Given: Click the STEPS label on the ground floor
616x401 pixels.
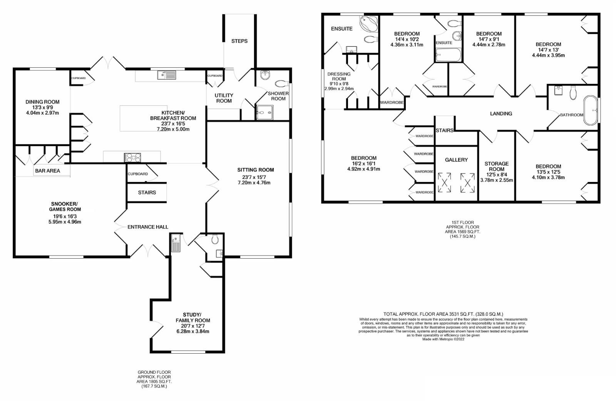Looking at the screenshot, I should [239, 41].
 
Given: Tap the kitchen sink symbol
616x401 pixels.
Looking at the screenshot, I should [167, 75].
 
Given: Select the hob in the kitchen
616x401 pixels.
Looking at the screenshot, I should [132, 157].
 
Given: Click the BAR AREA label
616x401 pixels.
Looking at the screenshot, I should [47, 170].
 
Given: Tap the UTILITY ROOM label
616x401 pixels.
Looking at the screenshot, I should [224, 98].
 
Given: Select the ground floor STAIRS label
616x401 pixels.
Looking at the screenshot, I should [147, 192].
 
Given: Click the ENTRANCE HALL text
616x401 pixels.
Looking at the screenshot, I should [148, 227].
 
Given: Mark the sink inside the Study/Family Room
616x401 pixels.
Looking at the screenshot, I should [176, 243].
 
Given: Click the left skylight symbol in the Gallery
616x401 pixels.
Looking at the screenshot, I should [445, 182].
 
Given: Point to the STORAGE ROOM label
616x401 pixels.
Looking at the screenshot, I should [497, 166].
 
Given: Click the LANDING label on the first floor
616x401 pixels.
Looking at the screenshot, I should [501, 114].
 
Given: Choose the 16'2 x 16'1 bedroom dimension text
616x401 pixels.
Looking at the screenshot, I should [363, 163].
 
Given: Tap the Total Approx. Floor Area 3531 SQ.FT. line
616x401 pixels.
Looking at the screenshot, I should [443, 314].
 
